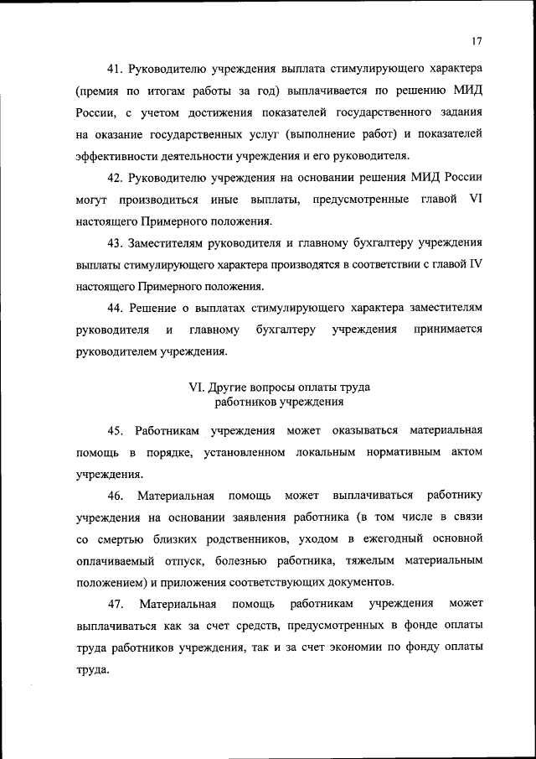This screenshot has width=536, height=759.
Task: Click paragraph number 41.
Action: (x=116, y=66)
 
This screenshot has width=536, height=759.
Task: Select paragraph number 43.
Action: (x=116, y=243)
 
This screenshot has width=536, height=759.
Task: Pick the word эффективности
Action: (x=117, y=156)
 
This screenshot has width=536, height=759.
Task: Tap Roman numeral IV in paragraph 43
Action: (x=475, y=265)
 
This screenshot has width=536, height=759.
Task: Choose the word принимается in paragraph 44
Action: (x=448, y=330)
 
